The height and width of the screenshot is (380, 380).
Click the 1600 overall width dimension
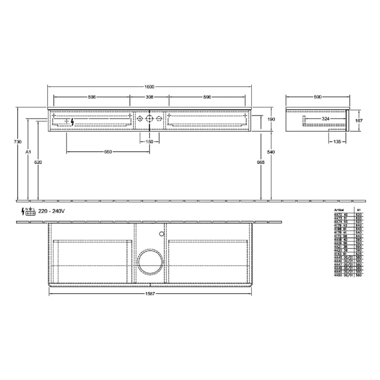(x=149, y=86)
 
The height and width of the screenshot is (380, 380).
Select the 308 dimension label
(x=149, y=97)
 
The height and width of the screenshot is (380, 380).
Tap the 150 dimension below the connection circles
(x=149, y=142)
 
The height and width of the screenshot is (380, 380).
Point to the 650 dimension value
(x=108, y=152)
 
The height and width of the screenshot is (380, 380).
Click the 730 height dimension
(x=18, y=142)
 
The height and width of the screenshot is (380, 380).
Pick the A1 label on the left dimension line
(x=28, y=152)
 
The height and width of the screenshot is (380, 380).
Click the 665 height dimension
(x=261, y=162)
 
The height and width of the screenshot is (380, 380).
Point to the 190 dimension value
(x=271, y=119)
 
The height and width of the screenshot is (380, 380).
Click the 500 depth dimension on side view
(x=318, y=97)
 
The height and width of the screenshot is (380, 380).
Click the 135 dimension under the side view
(x=338, y=142)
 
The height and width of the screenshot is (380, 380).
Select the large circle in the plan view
(x=149, y=261)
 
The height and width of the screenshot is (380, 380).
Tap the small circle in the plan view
(x=161, y=233)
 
